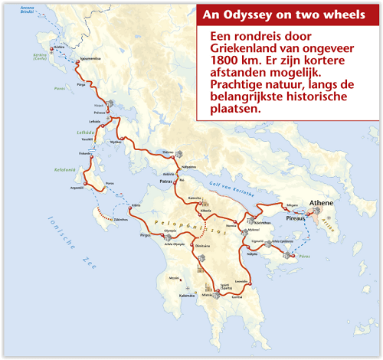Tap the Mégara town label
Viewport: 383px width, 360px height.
(292, 205)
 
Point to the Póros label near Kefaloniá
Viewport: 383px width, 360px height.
(110, 183)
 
